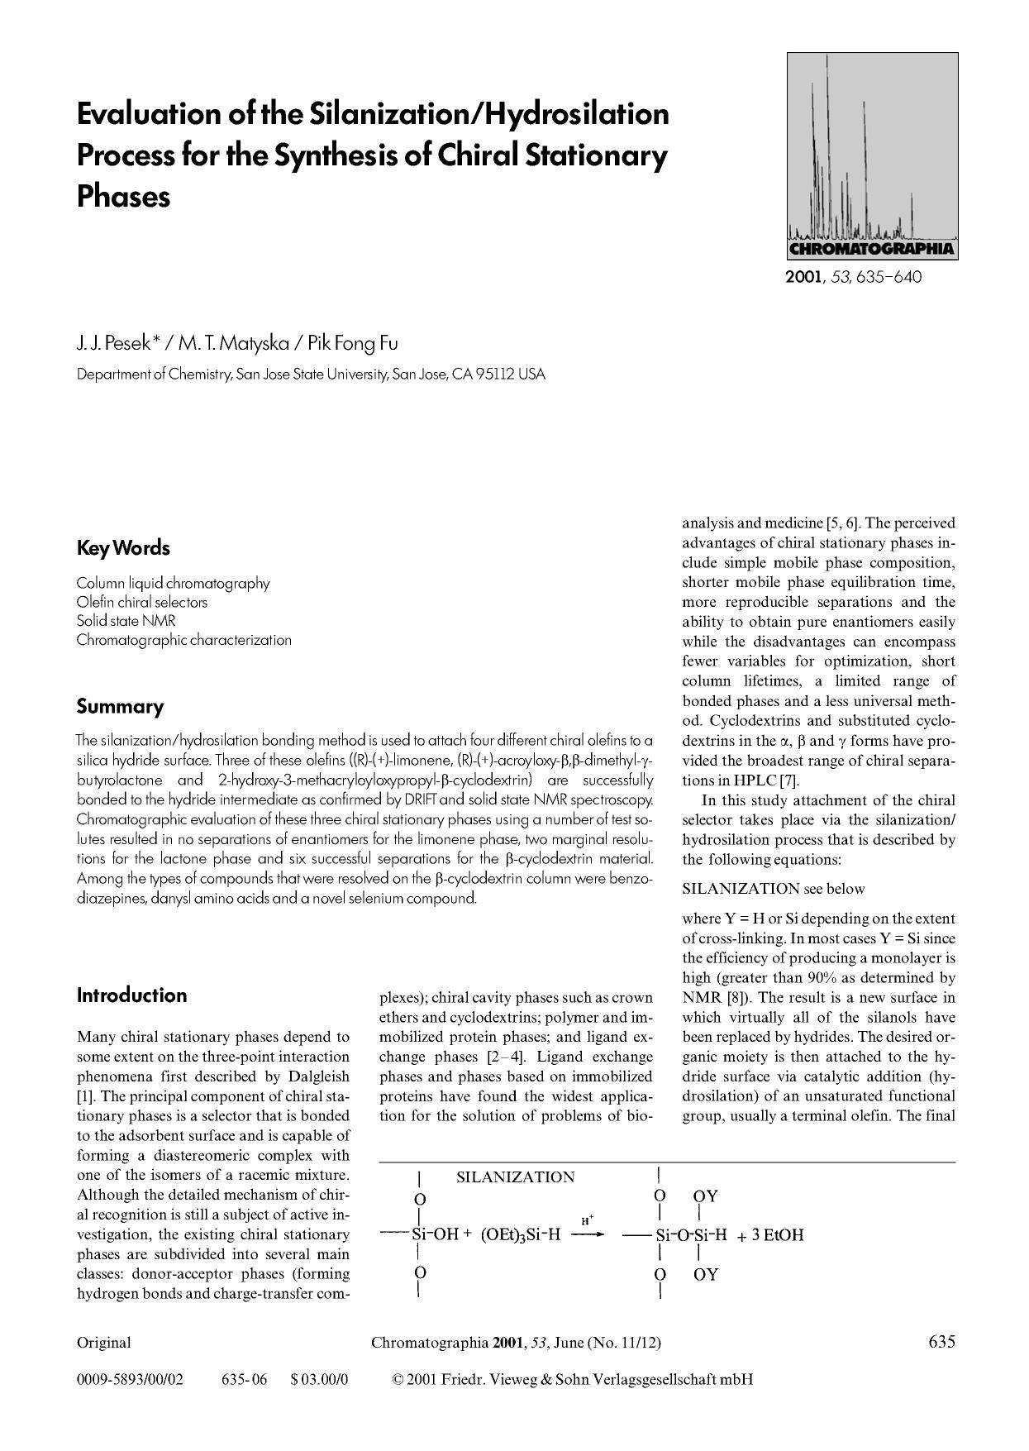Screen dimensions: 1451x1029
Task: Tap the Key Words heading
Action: (x=123, y=548)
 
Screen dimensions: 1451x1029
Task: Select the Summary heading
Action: (x=120, y=707)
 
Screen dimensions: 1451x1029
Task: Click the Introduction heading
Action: (x=131, y=995)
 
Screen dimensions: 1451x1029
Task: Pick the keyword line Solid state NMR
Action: (x=126, y=621)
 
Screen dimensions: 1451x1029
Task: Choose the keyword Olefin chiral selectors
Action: (x=141, y=602)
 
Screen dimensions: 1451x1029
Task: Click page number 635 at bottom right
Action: (x=941, y=1341)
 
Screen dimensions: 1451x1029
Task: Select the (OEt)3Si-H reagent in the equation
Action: (x=520, y=1235)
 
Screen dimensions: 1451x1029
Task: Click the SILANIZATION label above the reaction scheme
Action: (x=515, y=1177)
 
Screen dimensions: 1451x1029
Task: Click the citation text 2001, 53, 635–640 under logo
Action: (x=853, y=277)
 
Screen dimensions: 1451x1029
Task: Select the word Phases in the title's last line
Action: (x=123, y=197)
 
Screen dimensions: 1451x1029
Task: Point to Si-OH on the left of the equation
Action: (x=435, y=1235)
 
